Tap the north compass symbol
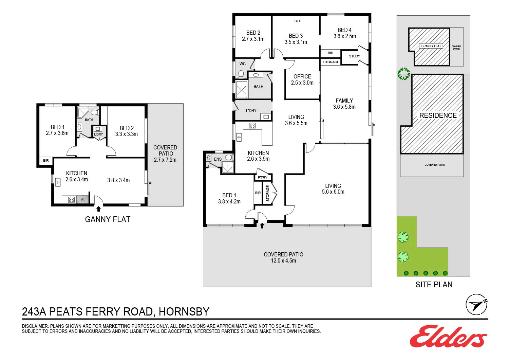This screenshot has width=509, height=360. pos(476,304)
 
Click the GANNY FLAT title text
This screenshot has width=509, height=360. pos(108,219)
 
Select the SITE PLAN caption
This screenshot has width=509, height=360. pos(434,285)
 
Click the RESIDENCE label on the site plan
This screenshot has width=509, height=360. pos(438,115)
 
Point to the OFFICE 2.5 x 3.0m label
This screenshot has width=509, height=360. pos(302,80)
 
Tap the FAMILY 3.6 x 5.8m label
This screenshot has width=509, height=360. pos(344,104)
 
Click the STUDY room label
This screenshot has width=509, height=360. pos(354,56)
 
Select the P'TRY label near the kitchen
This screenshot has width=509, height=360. pos(262,178)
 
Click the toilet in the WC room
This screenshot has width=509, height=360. pos(241,74)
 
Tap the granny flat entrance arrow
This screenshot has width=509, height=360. pos(98,209)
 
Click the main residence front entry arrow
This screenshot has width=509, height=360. pos(262,226)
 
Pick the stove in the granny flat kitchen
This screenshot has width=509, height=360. pos(71,200)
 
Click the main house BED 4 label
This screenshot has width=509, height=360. pos(344,33)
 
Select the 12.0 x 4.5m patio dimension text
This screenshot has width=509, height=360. pos(283,261)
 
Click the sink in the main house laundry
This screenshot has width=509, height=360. pos(266,117)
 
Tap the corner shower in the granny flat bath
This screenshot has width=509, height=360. pos(82,112)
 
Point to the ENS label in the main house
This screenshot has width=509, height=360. pos(218,159)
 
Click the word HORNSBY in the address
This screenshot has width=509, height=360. pos(184,311)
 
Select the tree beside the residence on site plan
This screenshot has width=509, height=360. pos(403,74)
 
